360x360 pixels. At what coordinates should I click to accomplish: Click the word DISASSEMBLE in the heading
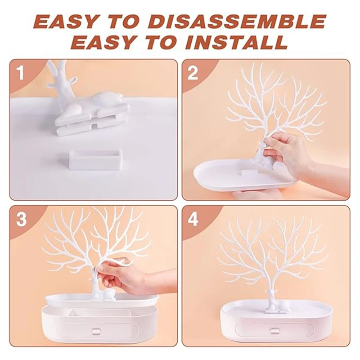238,21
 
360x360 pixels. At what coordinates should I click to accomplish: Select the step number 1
20,73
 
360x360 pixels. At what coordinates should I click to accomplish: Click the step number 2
193,73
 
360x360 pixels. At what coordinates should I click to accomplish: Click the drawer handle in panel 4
274,331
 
